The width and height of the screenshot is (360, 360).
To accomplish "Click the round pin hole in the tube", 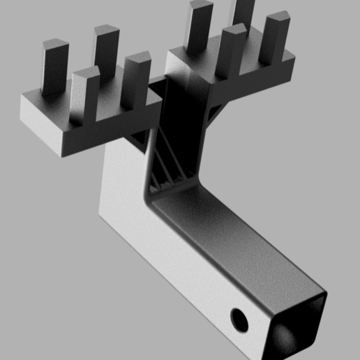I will [239, 320].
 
